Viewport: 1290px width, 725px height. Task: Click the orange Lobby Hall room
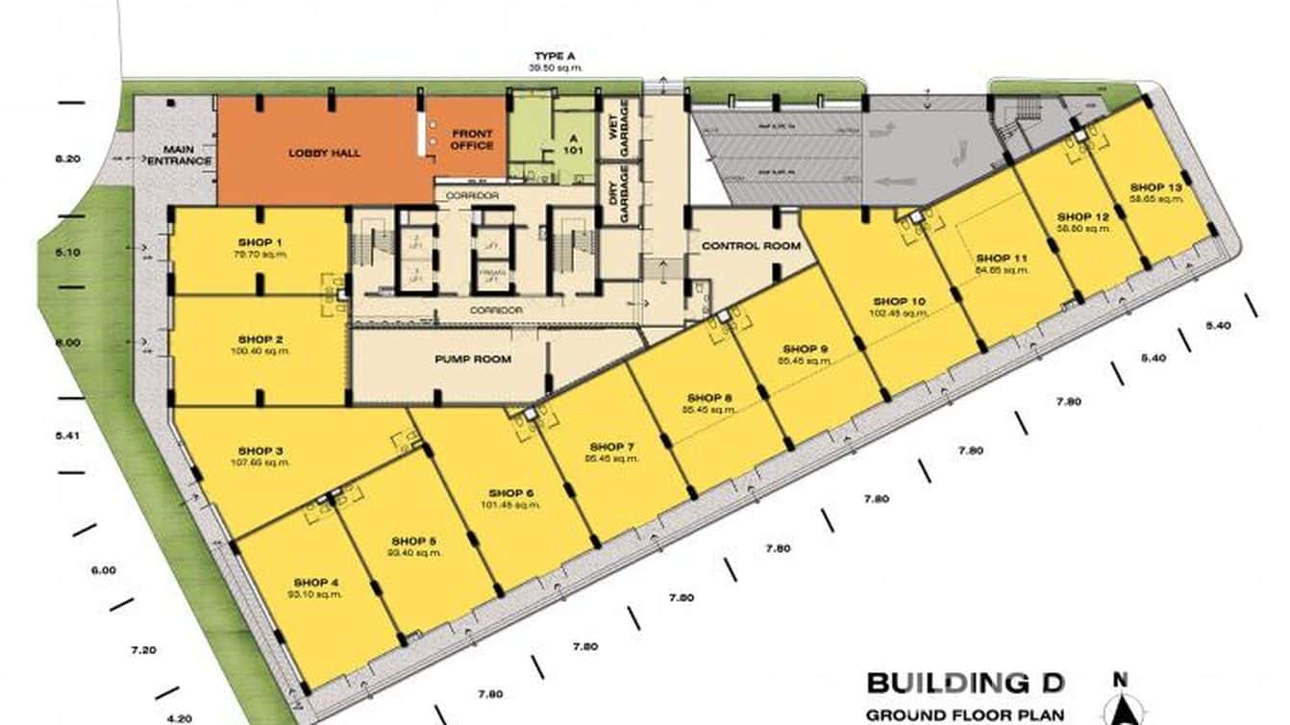[317, 151]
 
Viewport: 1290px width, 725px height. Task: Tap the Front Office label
[472, 139]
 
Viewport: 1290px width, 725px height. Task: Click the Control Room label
[751, 246]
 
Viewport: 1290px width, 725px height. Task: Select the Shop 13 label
[1155, 187]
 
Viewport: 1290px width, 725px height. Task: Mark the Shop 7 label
[612, 447]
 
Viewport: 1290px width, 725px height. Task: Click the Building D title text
[965, 684]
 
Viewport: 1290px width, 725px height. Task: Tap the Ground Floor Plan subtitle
[965, 714]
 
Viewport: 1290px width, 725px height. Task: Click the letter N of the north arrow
[1120, 680]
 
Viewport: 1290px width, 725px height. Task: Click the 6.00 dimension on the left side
[103, 570]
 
